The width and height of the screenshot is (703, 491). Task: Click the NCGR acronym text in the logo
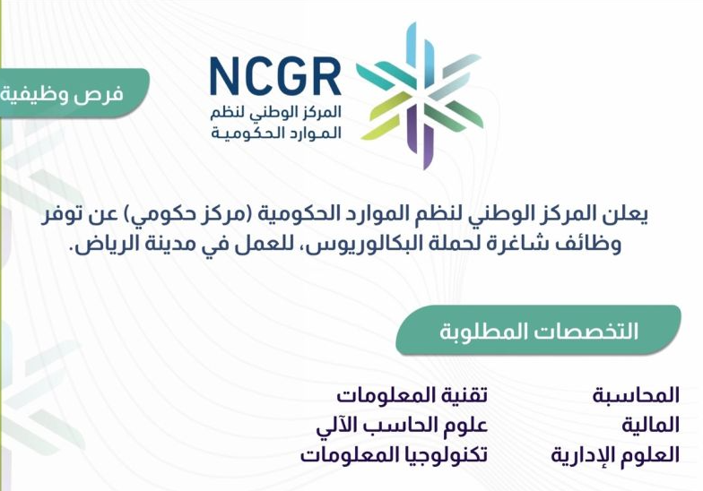pyautogui.click(x=275, y=75)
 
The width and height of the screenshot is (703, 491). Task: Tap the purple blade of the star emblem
pyautogui.click(x=421, y=134)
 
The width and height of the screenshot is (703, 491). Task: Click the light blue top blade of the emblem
pyautogui.click(x=420, y=54)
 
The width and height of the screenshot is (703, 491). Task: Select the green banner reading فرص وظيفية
pyautogui.click(x=72, y=93)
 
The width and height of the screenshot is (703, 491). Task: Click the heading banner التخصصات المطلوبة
pyautogui.click(x=538, y=331)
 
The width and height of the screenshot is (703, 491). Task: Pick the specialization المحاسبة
pyautogui.click(x=636, y=395)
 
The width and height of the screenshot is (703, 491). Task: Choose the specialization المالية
pyautogui.click(x=650, y=425)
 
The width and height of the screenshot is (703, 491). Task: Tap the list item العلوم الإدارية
pyautogui.click(x=615, y=455)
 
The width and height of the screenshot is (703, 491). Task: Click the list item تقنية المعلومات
pyautogui.click(x=412, y=395)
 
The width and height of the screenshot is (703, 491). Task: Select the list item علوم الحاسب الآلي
pyautogui.click(x=402, y=425)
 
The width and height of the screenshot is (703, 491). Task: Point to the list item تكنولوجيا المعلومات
pyautogui.click(x=394, y=455)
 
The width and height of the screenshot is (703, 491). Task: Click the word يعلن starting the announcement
pyautogui.click(x=626, y=215)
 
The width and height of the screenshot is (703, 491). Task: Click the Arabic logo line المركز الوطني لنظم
pyautogui.click(x=276, y=111)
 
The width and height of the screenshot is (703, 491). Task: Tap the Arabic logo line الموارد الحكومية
pyautogui.click(x=276, y=133)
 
